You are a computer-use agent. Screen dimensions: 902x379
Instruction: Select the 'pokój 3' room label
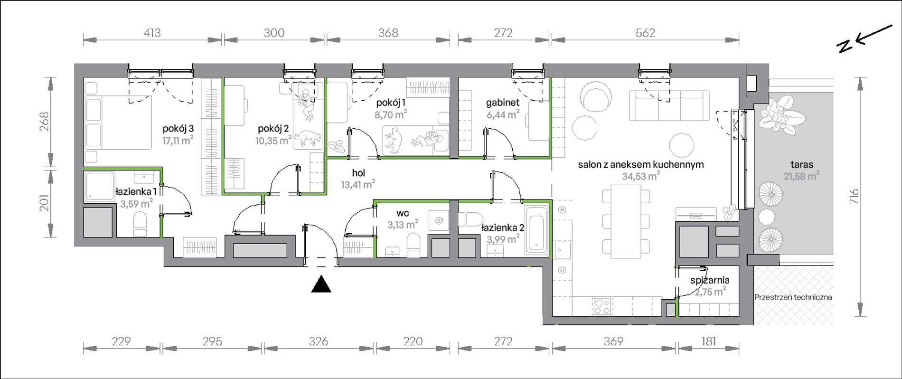178,129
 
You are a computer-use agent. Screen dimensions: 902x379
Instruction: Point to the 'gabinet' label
503,102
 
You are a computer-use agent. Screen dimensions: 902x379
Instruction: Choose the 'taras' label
802,165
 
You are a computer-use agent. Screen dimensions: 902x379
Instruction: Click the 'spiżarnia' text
710,281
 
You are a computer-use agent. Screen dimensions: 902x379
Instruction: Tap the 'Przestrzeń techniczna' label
793,297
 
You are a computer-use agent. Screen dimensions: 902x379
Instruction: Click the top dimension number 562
645,33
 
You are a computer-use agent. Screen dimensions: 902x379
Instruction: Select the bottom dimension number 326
318,341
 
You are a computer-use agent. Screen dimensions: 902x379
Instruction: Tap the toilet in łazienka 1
140,223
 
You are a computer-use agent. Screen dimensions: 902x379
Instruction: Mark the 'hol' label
358,173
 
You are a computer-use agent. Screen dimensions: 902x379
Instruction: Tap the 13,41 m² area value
358,184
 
